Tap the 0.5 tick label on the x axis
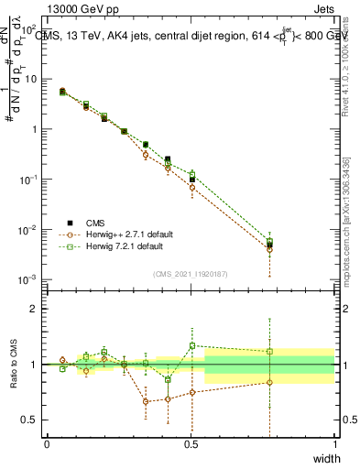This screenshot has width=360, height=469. click(x=191, y=444)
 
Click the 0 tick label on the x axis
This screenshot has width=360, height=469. click(x=47, y=444)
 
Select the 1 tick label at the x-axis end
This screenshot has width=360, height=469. click(x=334, y=444)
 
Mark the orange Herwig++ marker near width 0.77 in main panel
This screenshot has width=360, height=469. click(x=269, y=250)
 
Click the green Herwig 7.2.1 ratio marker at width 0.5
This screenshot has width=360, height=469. click(x=191, y=345)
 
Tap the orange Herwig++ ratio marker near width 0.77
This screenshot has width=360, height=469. click(x=269, y=382)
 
